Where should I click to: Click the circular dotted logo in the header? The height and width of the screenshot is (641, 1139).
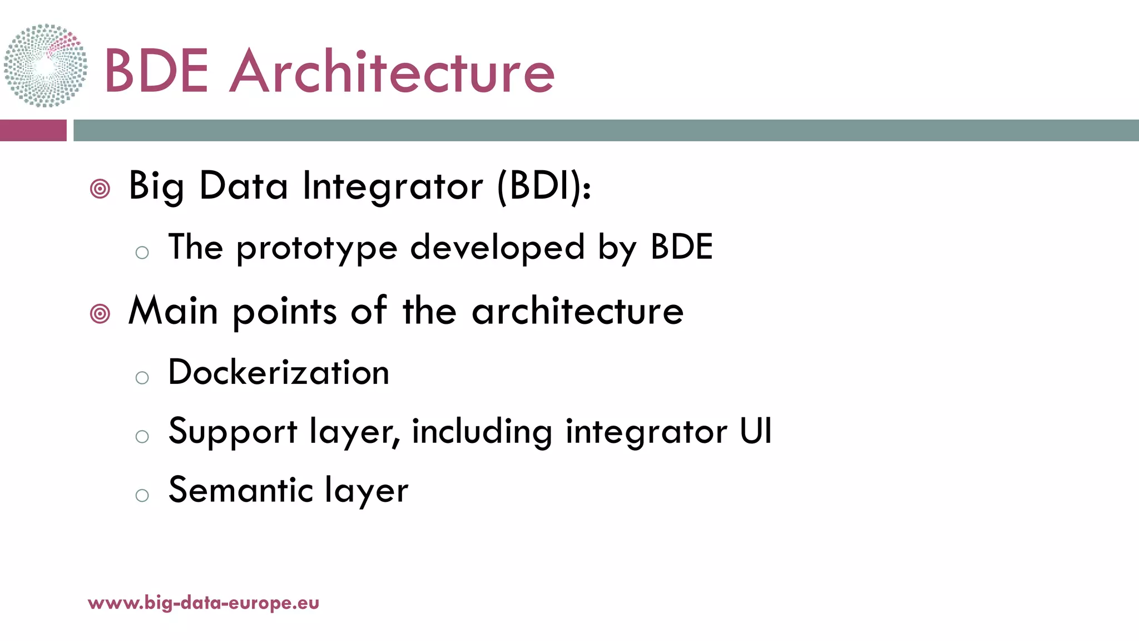[46, 66]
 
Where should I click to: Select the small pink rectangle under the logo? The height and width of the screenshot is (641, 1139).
[33, 130]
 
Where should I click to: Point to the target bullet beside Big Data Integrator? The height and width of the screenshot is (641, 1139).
[100, 189]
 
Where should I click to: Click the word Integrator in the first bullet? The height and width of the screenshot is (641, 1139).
[393, 186]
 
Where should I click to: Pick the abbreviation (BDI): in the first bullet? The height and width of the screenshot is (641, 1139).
[544, 186]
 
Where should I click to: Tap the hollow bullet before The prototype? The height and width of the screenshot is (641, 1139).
[142, 253]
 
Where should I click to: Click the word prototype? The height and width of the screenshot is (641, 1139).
[317, 248]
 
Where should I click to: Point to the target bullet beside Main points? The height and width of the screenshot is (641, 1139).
[100, 314]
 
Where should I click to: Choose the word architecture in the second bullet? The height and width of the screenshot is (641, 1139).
[577, 311]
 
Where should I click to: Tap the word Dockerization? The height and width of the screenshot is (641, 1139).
[279, 372]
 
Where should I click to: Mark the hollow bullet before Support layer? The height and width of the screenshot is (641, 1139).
[142, 437]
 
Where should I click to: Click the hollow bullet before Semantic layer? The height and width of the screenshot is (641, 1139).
[142, 495]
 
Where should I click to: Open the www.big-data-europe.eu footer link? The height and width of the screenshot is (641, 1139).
[204, 603]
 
